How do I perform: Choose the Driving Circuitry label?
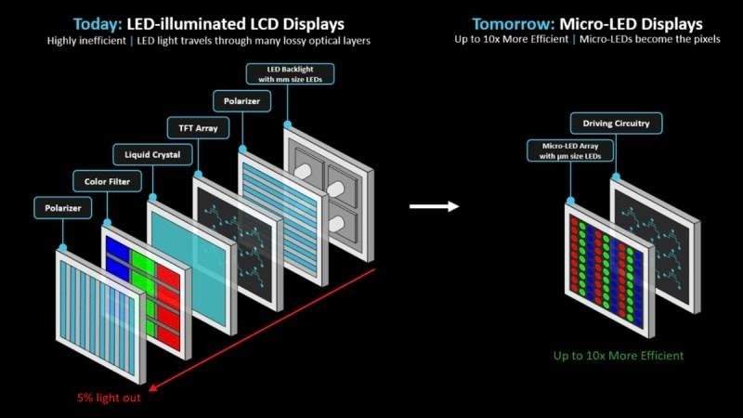[x=609, y=123]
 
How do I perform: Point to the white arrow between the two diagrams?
[x=434, y=205]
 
